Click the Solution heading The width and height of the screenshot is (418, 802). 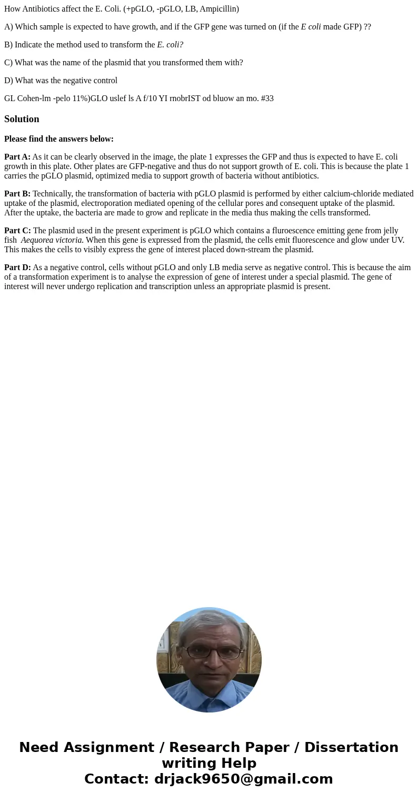[22, 119]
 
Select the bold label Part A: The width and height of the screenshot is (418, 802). [17, 157]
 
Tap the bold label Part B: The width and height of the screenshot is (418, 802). [17, 194]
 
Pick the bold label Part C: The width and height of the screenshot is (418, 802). [17, 231]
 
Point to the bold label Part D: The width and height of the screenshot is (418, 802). [17, 268]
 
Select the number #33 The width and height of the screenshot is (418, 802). [267, 98]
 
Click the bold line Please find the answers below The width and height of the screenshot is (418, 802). [59, 139]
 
